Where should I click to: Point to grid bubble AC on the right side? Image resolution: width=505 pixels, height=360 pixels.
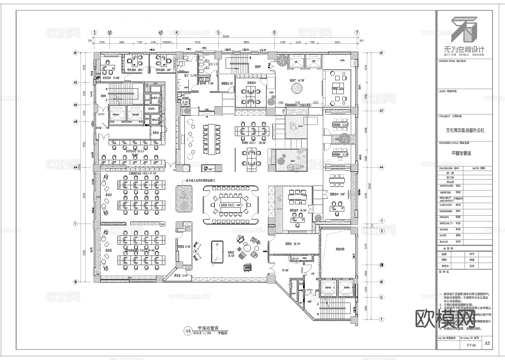(381, 111)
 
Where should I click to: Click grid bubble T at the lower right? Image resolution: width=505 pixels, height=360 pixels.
(381, 319)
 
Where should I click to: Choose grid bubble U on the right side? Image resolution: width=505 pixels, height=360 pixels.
(381, 297)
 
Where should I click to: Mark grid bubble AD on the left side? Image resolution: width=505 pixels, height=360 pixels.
(76, 105)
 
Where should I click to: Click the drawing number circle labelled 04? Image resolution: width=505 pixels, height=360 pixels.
(188, 331)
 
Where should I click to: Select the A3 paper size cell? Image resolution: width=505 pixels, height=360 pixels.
(487, 343)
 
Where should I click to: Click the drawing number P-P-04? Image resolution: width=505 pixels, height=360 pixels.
(468, 345)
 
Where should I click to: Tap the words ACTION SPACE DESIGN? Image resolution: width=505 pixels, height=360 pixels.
(464, 55)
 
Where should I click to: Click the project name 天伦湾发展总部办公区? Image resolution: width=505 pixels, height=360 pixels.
(465, 130)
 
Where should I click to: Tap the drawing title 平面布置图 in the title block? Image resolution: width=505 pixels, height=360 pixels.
(461, 153)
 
